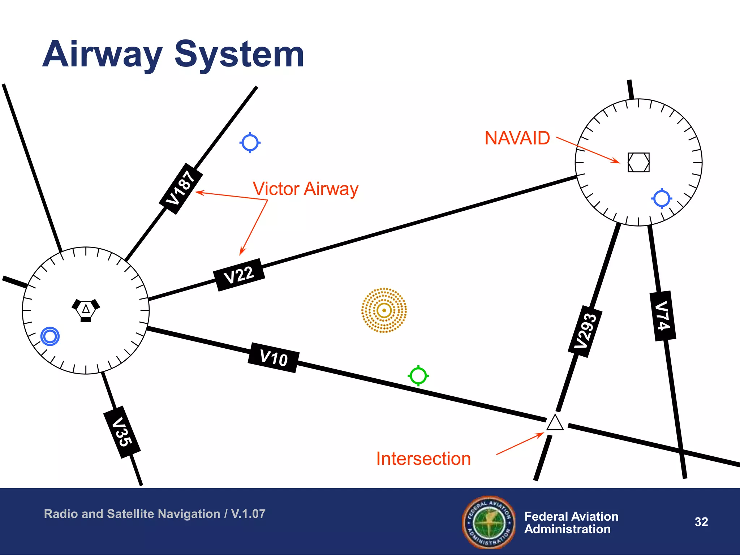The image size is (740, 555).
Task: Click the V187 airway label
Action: point(181,189)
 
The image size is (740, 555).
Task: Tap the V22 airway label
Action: point(239,275)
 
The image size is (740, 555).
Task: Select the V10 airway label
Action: point(274,358)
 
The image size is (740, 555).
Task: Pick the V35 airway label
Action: point(122,432)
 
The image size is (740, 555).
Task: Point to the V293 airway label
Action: point(585,331)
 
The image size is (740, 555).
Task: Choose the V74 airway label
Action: point(663,316)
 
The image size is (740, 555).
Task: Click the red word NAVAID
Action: point(517,138)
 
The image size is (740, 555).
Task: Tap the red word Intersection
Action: point(423,459)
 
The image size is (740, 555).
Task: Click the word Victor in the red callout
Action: point(276,189)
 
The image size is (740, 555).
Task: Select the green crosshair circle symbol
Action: point(418,376)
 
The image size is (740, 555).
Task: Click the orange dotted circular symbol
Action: point(384,310)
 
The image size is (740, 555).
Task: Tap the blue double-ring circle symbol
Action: point(50,336)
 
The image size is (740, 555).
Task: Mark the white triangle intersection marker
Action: point(555,423)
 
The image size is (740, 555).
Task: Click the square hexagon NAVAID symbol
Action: point(638,162)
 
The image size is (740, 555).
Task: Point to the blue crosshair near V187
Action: point(250,143)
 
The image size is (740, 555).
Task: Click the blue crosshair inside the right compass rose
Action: point(662,198)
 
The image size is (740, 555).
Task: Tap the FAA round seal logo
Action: point(489,522)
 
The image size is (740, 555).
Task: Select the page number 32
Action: point(701,522)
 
